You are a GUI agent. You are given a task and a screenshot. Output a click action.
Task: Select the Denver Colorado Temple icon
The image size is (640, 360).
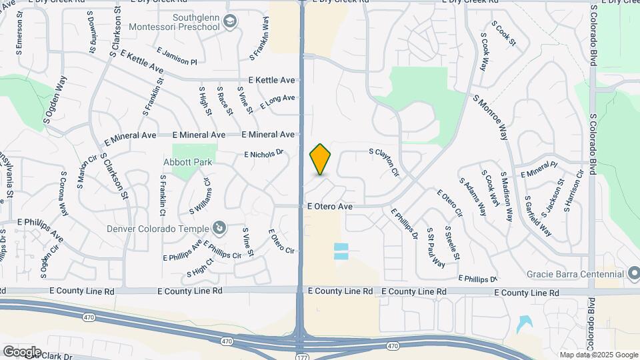[220, 229]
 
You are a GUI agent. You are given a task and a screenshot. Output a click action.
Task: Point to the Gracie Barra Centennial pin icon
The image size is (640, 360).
[635, 273]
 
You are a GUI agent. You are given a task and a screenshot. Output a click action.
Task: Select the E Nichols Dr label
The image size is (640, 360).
[263, 153]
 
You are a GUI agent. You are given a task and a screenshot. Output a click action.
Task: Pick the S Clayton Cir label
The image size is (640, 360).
[385, 162]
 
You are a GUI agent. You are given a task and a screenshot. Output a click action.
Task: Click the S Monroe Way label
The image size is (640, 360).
[491, 117]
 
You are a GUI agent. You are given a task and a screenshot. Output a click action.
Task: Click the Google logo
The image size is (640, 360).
[21, 351]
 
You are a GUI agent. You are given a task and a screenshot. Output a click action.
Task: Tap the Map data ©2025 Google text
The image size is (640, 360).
[599, 355]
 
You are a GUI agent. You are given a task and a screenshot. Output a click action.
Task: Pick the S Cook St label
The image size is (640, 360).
[503, 33]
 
